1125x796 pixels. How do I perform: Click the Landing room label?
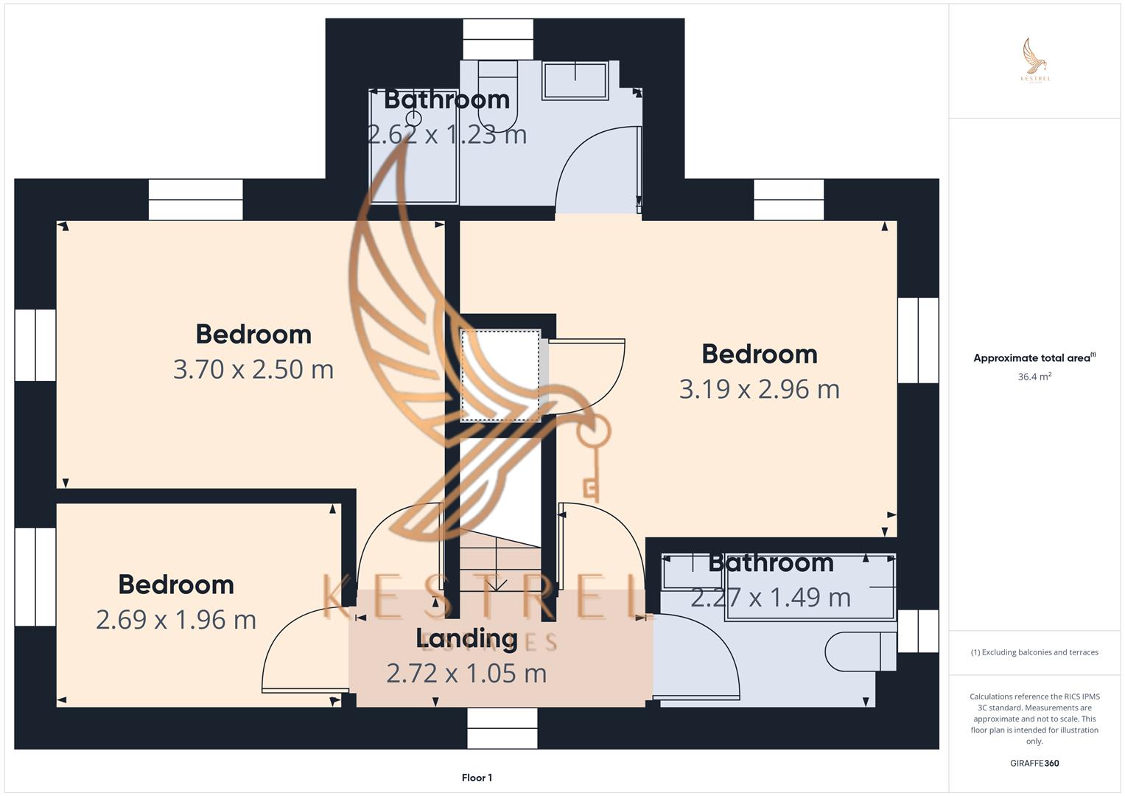pos(466,638)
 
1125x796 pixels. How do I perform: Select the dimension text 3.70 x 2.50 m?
pos(253,369)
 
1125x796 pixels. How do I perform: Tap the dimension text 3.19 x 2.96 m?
pos(759,389)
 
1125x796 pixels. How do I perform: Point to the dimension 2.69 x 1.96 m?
pos(176,620)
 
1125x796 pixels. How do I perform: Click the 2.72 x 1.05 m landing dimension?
pos(466,673)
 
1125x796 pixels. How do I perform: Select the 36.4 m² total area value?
pos(1034,377)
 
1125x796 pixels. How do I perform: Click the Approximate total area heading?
pos(1034,358)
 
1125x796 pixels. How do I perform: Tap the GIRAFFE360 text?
pos(1034,764)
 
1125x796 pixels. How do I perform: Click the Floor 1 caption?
pos(477,778)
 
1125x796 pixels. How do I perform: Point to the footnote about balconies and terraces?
pos(1034,652)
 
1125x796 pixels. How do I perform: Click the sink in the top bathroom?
pos(575,80)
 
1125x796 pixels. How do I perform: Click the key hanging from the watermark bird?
pos(591,457)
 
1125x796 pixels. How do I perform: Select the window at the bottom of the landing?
pos(502,728)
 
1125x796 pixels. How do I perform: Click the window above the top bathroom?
pos(498,40)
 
